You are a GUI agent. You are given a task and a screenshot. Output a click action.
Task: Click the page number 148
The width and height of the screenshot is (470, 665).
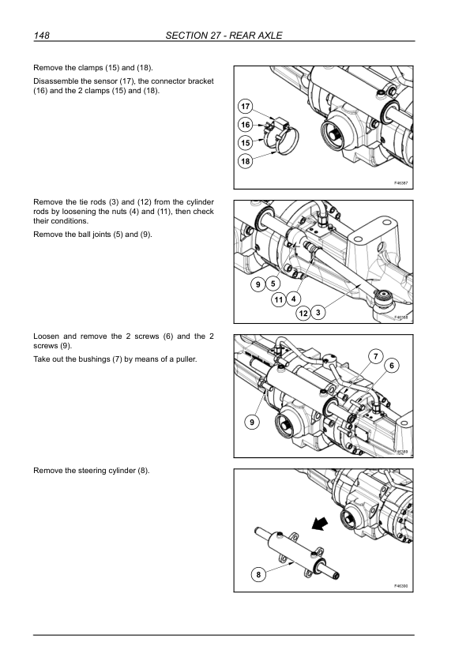tap(42, 36)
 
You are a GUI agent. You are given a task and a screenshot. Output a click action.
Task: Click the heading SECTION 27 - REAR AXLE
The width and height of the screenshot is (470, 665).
tap(224, 36)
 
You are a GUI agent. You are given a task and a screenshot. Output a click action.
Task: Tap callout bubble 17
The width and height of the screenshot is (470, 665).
tap(246, 107)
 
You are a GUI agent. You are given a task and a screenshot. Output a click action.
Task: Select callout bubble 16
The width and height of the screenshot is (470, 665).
tap(246, 125)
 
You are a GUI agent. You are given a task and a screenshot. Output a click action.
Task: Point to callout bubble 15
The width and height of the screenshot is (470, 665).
tap(246, 143)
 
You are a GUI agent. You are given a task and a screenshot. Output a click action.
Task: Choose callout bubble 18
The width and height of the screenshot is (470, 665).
tap(246, 161)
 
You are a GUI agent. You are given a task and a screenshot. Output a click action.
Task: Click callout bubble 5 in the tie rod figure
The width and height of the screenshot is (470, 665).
tap(273, 284)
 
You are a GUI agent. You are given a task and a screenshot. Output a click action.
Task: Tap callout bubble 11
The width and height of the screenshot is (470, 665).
tap(279, 300)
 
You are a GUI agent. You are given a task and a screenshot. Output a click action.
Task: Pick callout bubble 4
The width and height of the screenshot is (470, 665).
tap(294, 299)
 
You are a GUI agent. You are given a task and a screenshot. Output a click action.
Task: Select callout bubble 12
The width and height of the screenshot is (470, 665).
tap(303, 314)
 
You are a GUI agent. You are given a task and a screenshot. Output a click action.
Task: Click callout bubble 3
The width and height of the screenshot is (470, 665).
tap(318, 313)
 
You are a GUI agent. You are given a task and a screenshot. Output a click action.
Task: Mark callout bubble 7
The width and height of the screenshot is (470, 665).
tap(375, 357)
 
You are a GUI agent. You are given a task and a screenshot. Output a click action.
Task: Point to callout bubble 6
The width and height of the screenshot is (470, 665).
tap(392, 366)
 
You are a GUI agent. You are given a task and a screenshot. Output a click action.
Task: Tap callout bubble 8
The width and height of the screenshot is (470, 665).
tap(258, 575)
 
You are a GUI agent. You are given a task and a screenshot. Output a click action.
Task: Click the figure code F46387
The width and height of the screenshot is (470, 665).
tap(400, 183)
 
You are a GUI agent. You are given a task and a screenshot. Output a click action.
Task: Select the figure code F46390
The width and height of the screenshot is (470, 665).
tap(400, 586)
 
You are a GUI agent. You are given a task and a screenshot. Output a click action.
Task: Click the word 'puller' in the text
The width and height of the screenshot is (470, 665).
tap(186, 359)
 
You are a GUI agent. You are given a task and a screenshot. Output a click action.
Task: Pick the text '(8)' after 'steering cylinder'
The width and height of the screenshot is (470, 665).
tap(144, 471)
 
